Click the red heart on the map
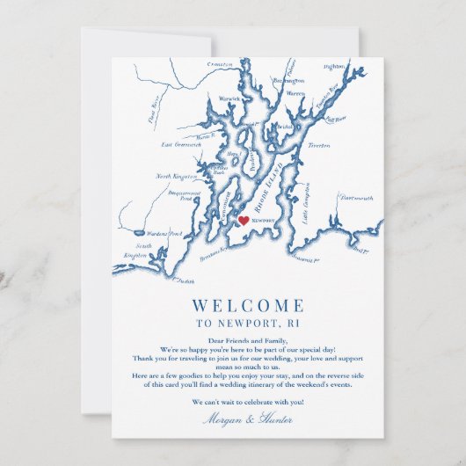[244, 221]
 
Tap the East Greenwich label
[179, 144]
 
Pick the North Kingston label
[177, 176]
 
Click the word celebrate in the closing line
[251, 402]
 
